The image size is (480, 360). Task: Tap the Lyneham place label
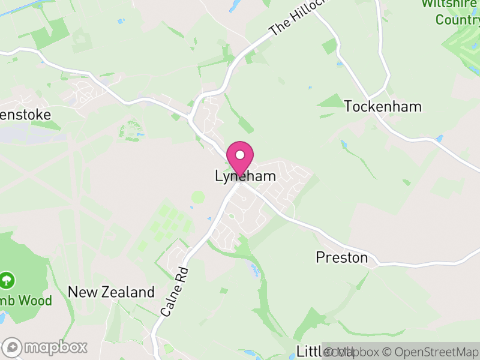coord(245,176)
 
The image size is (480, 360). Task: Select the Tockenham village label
coord(383,107)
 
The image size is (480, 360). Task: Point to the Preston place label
coord(341,257)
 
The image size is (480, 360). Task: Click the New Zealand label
coord(111,292)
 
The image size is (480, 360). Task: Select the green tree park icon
coord(7,280)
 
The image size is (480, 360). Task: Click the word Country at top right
coord(457,20)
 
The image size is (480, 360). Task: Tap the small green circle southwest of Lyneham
coord(197,197)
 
